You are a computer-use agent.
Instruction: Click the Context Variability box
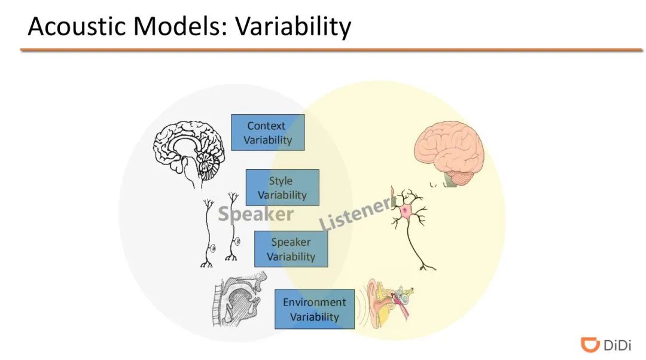pyautogui.click(x=267, y=133)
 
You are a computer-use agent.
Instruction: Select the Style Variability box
pyautogui.click(x=282, y=187)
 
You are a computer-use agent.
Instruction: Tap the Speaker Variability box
pyautogui.click(x=291, y=249)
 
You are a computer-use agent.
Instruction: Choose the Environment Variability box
pyautogui.click(x=314, y=309)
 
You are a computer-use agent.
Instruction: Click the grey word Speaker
pyautogui.click(x=255, y=214)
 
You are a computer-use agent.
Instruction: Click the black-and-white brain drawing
pyautogui.click(x=188, y=150)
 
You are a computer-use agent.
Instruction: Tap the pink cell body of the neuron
pyautogui.click(x=407, y=210)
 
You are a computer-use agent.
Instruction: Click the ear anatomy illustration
pyautogui.click(x=389, y=301)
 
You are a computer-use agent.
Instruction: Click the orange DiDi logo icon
pyautogui.click(x=590, y=344)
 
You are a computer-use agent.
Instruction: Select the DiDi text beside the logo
pyautogui.click(x=617, y=345)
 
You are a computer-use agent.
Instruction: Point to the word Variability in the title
pyautogui.click(x=292, y=27)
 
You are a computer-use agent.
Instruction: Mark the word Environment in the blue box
pyautogui.click(x=314, y=302)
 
